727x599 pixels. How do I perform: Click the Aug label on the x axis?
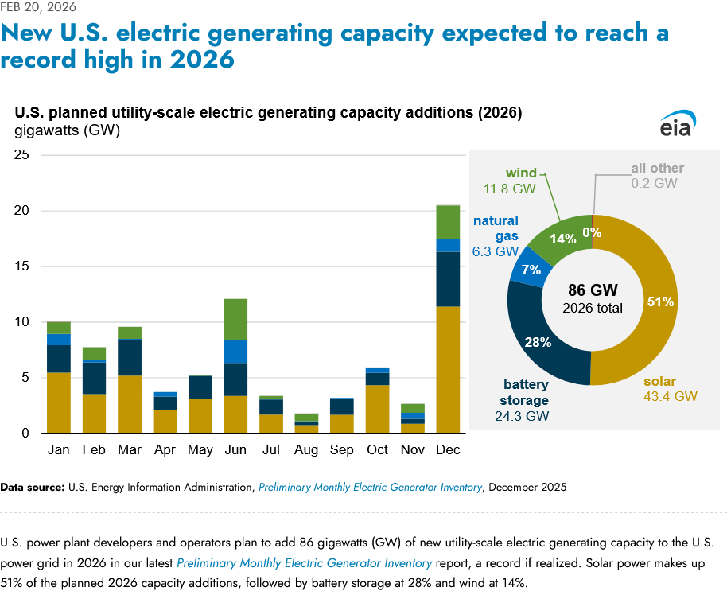306,450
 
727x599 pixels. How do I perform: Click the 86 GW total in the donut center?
593,290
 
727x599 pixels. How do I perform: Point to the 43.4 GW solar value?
670,396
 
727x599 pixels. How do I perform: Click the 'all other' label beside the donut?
657,169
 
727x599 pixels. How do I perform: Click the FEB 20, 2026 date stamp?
39,7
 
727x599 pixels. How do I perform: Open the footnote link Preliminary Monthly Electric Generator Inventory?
370,487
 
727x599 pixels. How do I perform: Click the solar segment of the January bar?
59,403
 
